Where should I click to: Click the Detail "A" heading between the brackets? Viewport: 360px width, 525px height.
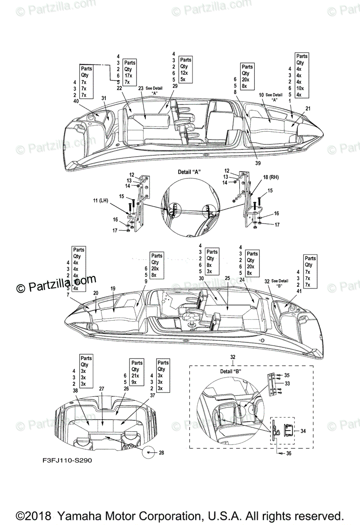(189, 172)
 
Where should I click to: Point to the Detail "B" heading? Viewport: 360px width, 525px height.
(231, 371)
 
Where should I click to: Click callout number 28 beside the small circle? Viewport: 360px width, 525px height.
(161, 452)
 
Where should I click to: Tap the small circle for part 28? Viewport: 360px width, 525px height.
(149, 452)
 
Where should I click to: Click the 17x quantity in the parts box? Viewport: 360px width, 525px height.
(129, 75)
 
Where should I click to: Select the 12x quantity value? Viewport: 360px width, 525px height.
(184, 73)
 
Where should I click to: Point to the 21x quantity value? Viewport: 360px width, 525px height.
(136, 375)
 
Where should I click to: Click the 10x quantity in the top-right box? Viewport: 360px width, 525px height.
(299, 88)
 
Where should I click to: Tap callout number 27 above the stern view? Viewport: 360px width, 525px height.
(102, 389)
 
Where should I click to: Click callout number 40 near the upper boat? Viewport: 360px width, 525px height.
(77, 101)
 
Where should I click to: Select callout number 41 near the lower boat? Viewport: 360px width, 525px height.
(287, 290)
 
